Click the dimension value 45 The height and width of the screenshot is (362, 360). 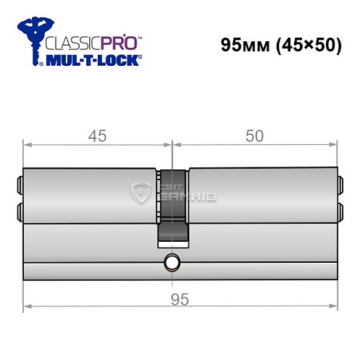(x=97, y=135)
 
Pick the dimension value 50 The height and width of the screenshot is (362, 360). (x=254, y=135)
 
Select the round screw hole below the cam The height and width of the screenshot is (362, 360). (x=172, y=262)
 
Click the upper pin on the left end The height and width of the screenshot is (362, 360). (x=20, y=185)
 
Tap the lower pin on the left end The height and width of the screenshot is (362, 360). (x=20, y=210)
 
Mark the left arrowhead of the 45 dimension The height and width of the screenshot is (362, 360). (x=28, y=145)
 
